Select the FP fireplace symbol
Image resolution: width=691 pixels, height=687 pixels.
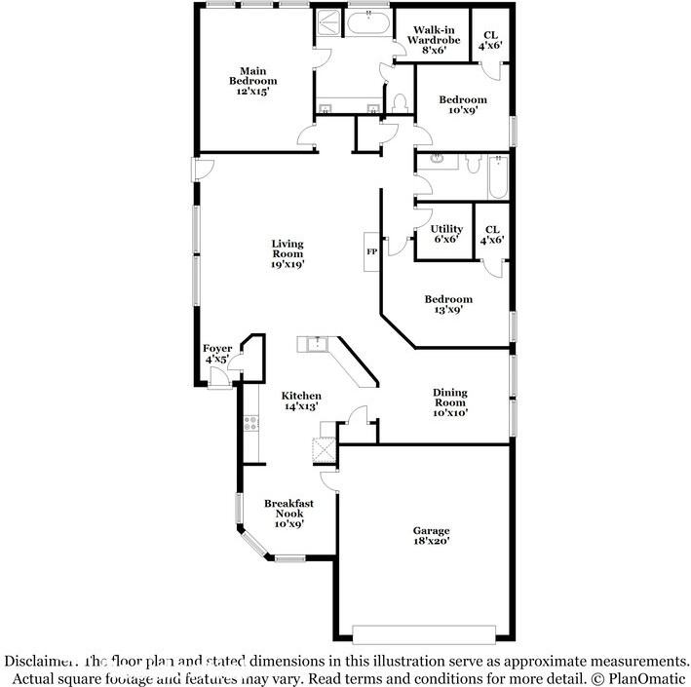pyautogui.click(x=370, y=250)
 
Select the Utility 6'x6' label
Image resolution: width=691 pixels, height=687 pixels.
pyautogui.click(x=446, y=234)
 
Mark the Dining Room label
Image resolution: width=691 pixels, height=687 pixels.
pyautogui.click(x=450, y=401)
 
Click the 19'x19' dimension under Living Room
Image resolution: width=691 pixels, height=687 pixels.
pyautogui.click(x=288, y=264)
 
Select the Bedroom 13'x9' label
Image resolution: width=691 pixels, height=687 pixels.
pyautogui.click(x=448, y=304)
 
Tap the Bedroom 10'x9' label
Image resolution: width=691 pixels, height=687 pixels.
pyautogui.click(x=462, y=104)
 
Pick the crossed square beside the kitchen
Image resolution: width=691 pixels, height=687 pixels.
pyautogui.click(x=324, y=450)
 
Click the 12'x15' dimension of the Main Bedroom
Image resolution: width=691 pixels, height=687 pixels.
pyautogui.click(x=253, y=92)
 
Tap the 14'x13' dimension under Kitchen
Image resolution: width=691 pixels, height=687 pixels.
pyautogui.click(x=301, y=407)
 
